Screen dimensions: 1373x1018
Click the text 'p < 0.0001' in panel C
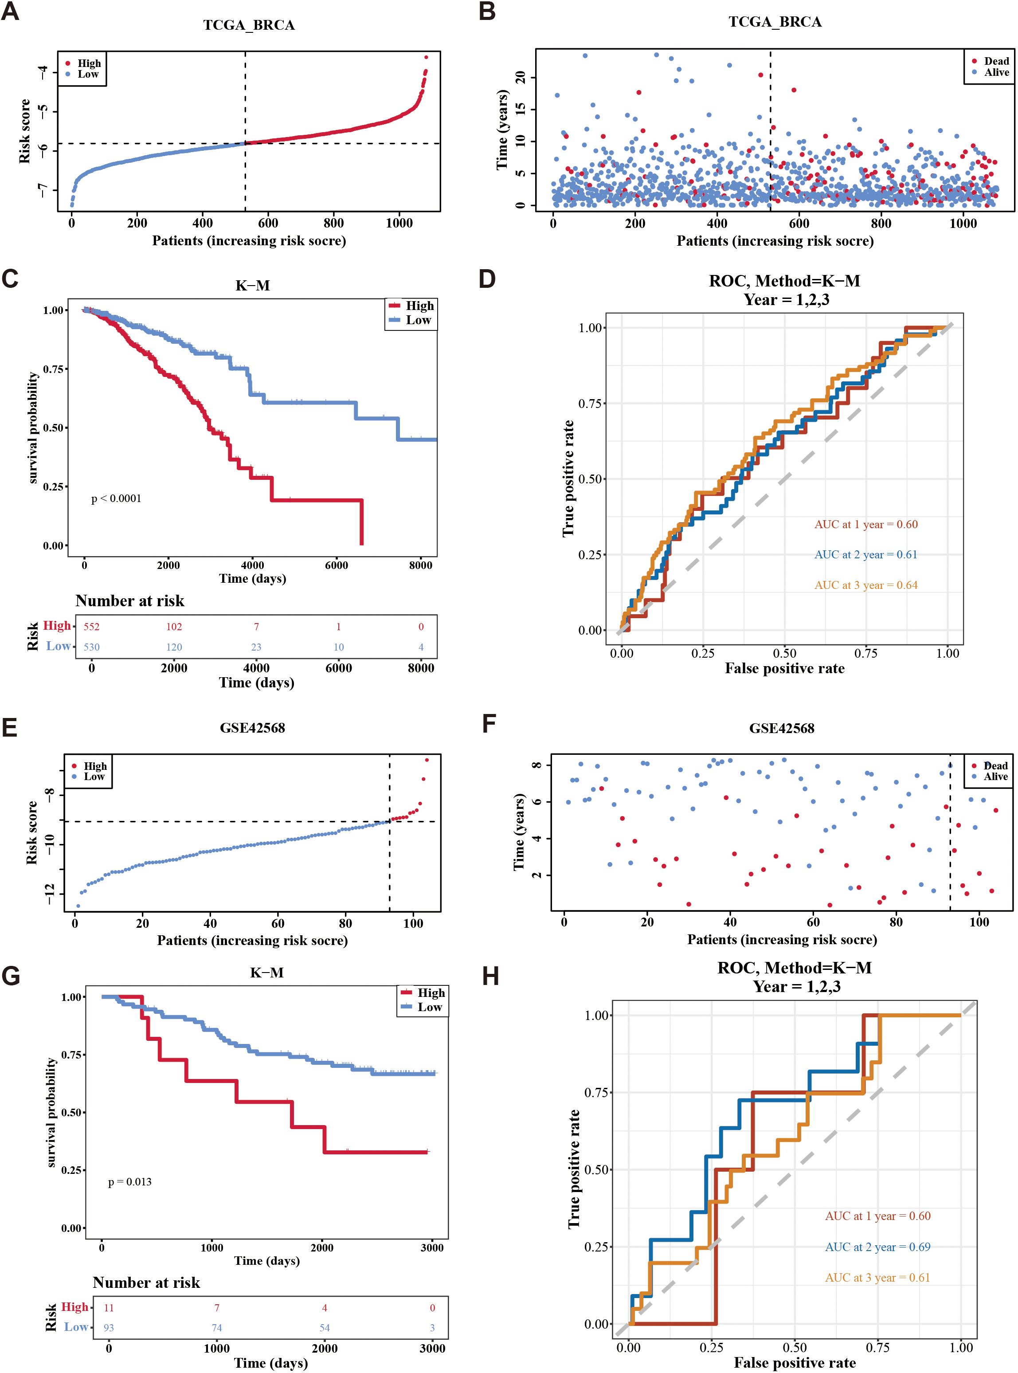click(116, 498)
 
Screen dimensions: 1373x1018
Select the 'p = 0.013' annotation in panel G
click(129, 1182)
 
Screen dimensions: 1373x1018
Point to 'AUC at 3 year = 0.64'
click(866, 585)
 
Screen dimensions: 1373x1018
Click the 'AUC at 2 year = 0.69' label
click(877, 1247)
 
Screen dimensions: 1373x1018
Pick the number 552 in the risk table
click(91, 627)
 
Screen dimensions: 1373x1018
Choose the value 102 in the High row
click(174, 627)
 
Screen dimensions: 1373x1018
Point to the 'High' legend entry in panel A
click(89, 63)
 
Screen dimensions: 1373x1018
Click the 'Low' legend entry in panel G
click(430, 1007)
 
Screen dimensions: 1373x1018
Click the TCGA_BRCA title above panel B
click(775, 22)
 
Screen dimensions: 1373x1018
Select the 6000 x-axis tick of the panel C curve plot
click(337, 565)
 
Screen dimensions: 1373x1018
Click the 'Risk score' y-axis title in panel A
click(25, 131)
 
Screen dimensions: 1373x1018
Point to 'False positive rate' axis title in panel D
click(784, 669)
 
